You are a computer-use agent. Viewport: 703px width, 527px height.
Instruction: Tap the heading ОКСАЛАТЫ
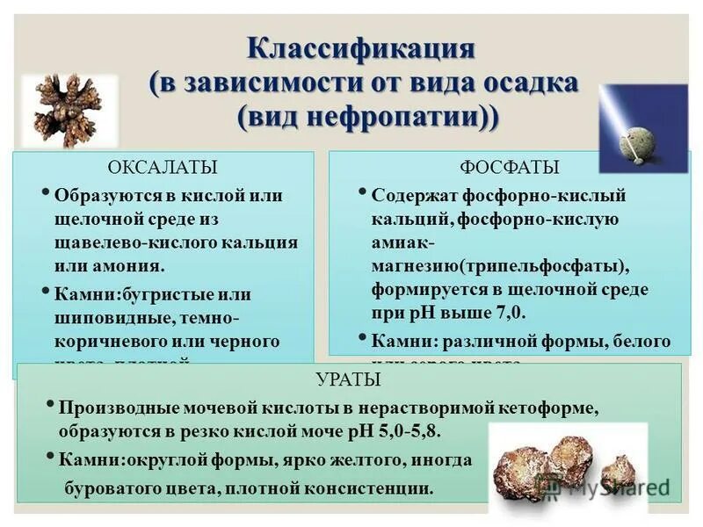[163, 167]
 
